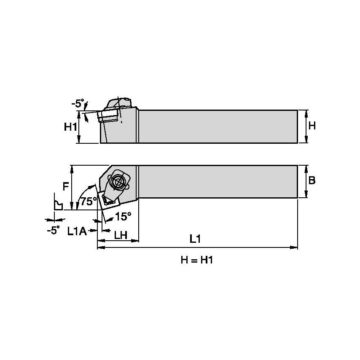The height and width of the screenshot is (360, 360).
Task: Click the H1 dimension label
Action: pos(70,127)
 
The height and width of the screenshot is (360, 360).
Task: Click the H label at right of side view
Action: pos(312,126)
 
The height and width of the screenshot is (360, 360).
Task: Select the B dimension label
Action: pos(312,181)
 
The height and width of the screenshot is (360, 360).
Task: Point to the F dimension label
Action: pos(66,186)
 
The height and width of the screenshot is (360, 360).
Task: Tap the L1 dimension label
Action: pos(194,239)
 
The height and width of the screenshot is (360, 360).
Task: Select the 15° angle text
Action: pos(123,216)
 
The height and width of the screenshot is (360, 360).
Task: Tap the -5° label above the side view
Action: pos(78,102)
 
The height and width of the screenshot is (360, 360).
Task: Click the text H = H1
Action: pos(197,260)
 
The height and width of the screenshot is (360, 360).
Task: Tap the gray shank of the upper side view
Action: pos(217,126)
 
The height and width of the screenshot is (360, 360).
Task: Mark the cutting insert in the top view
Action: pos(109,199)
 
